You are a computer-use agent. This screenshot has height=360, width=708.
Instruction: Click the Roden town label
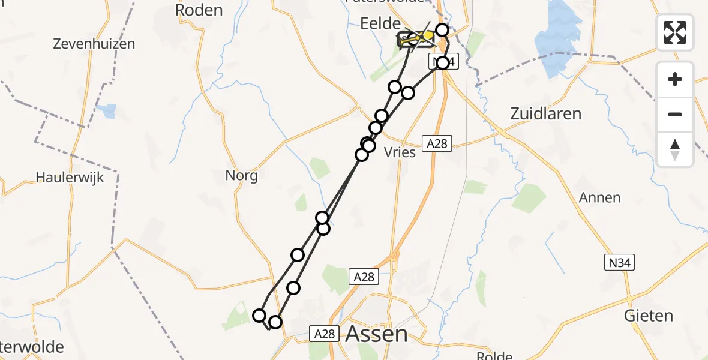click(x=199, y=10)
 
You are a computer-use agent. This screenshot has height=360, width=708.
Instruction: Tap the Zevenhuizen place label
click(x=94, y=44)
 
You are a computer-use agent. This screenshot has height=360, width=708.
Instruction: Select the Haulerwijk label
click(x=70, y=177)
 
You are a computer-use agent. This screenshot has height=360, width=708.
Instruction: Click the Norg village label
click(x=241, y=176)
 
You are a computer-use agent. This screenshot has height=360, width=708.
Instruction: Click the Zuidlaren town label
click(x=545, y=113)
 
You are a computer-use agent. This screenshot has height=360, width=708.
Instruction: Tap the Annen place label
click(x=599, y=197)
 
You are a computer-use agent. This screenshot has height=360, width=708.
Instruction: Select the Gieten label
click(x=649, y=316)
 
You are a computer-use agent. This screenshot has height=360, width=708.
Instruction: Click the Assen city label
click(x=377, y=334)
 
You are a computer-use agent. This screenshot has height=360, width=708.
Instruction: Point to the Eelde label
click(x=380, y=24)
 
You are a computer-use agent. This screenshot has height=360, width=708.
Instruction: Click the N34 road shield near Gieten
click(x=619, y=262)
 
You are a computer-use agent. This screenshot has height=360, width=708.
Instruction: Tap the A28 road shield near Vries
click(x=436, y=143)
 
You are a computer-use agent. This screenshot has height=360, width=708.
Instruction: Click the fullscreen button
click(x=675, y=32)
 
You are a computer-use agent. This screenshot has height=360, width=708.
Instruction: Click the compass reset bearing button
click(x=675, y=149)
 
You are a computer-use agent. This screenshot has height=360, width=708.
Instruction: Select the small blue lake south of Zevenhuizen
click(x=109, y=111)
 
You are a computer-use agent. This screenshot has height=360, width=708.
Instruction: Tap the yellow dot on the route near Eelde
click(x=428, y=36)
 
